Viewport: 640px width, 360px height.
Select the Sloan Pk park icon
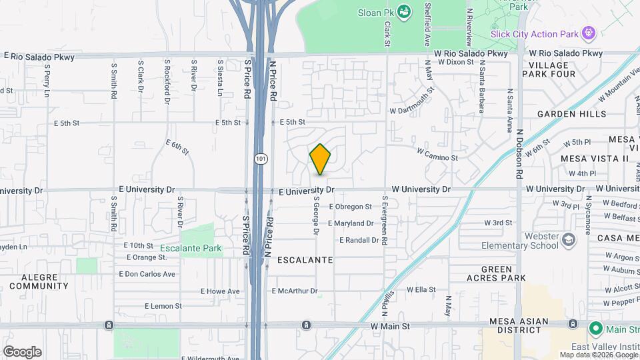click(403, 11)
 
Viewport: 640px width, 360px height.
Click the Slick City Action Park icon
click(588, 33)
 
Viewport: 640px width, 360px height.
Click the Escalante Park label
click(191, 249)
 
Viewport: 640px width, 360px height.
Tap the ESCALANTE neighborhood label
click(304, 259)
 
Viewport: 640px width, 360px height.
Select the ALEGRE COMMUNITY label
click(45, 281)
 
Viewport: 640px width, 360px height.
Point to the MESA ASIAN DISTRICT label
click(518, 326)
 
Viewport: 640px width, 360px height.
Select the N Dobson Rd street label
click(518, 153)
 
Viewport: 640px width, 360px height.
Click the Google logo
click(22, 352)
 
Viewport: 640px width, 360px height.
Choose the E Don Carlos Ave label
click(147, 274)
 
